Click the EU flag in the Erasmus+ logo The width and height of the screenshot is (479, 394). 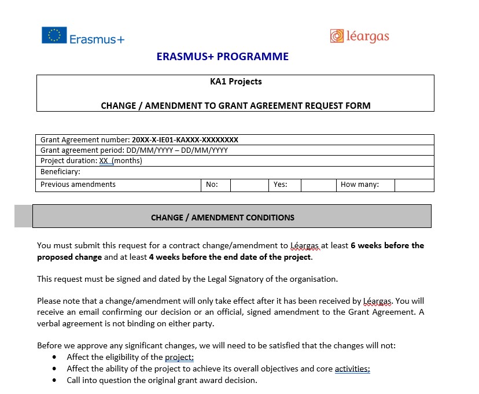pyautogui.click(x=54, y=35)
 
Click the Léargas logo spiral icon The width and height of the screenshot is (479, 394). pyautogui.click(x=337, y=36)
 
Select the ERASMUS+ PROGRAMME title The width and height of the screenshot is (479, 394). pyautogui.click(x=222, y=57)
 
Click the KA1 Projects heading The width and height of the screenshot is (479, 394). pyautogui.click(x=235, y=82)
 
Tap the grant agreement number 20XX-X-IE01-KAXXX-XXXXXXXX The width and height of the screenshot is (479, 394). pyautogui.click(x=185, y=139)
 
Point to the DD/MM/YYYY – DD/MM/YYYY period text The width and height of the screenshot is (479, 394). pyautogui.click(x=180, y=150)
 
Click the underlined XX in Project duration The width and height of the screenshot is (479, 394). pyautogui.click(x=104, y=161)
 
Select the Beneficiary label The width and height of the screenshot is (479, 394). pyautogui.click(x=60, y=172)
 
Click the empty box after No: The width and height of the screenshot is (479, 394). pyautogui.click(x=249, y=185)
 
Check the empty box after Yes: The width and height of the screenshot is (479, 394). pyautogui.click(x=318, y=185)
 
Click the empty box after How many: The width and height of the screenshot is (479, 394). pyautogui.click(x=414, y=185)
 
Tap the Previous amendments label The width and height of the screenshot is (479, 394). pyautogui.click(x=78, y=185)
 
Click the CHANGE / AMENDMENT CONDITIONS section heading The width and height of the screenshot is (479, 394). pyautogui.click(x=222, y=218)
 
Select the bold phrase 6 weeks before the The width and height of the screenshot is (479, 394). pyautogui.click(x=387, y=245)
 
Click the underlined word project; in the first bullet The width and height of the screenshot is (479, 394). pyautogui.click(x=179, y=357)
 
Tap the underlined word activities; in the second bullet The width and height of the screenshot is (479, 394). pyautogui.click(x=352, y=369)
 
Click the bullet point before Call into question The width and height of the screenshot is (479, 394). pyautogui.click(x=54, y=380)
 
